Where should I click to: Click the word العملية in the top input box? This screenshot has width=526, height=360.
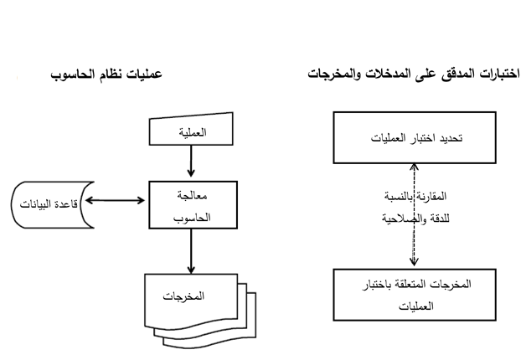[x=193, y=132]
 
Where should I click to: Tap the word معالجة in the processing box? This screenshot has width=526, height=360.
[x=192, y=195]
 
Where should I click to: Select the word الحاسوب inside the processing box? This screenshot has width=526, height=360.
[x=192, y=218]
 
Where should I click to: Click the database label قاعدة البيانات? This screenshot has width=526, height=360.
[x=49, y=203]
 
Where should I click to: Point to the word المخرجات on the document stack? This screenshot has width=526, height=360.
[x=183, y=296]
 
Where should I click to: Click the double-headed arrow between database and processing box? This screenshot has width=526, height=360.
[x=115, y=200]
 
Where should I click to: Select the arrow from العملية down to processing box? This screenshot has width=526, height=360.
[x=191, y=162]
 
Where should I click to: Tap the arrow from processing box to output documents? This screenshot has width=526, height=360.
[x=191, y=251]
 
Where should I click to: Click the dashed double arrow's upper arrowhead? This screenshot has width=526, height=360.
[x=415, y=167]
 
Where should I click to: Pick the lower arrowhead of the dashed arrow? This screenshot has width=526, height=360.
[x=415, y=262]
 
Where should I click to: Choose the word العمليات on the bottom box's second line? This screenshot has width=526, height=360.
[x=416, y=306]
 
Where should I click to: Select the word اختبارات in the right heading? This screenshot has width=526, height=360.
[x=498, y=74]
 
